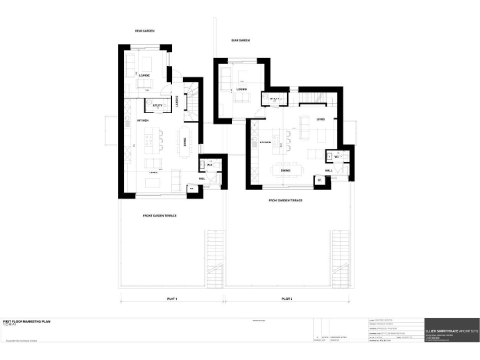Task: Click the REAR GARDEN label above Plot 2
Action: [x=242, y=41]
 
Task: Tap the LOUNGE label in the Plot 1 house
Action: [x=144, y=75]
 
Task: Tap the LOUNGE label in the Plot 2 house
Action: [x=241, y=89]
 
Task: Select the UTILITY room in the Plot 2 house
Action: [x=276, y=97]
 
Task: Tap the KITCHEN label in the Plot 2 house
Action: [x=265, y=143]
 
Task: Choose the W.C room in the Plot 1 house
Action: [x=209, y=166]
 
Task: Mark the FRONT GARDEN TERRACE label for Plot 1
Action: [x=160, y=215]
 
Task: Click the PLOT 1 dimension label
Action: [x=172, y=298]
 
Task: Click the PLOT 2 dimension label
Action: [x=287, y=298]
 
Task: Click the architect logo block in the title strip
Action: [x=450, y=329]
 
